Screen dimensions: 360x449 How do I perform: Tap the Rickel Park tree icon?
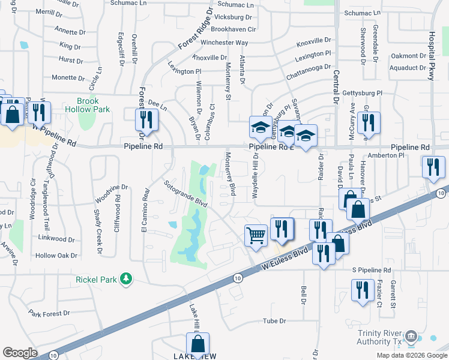pyautogui.click(x=126, y=279)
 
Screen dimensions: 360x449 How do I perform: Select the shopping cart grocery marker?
pyautogui.click(x=256, y=235)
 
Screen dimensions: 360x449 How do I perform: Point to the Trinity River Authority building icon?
pyautogui.click(x=411, y=335)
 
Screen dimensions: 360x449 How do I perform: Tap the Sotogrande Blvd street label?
pyautogui.click(x=186, y=193)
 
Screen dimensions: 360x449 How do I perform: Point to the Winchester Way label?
pyautogui.click(x=224, y=43)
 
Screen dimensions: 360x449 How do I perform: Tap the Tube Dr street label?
pyautogui.click(x=274, y=321)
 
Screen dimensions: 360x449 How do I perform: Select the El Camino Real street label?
pyautogui.click(x=145, y=208)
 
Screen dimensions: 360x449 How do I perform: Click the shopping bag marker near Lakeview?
pyautogui.click(x=197, y=346)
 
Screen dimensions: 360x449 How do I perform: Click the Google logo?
pyautogui.click(x=20, y=353)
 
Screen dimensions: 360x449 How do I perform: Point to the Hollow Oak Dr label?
pyautogui.click(x=56, y=256)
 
